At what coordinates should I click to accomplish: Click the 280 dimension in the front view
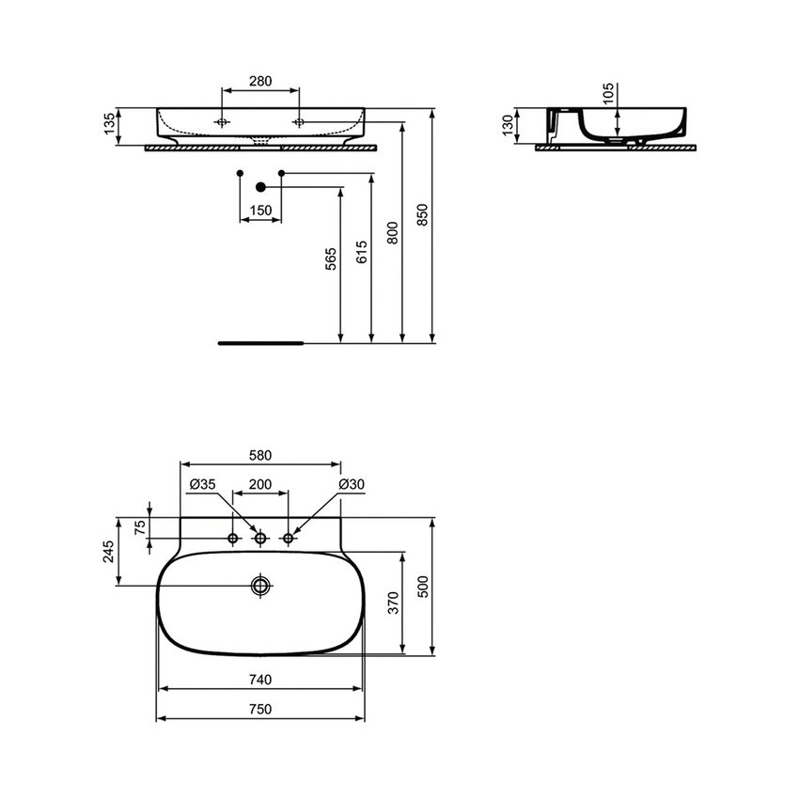click(259, 81)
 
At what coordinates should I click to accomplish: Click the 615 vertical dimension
click(363, 252)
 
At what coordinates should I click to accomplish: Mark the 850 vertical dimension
click(423, 216)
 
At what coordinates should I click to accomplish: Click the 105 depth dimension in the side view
click(607, 92)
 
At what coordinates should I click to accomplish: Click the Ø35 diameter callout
click(202, 484)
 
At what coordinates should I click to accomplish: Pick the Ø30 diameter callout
click(352, 484)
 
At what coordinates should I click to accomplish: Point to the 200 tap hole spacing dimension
click(260, 484)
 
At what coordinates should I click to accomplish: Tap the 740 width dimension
click(260, 680)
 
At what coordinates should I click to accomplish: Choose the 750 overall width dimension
click(260, 710)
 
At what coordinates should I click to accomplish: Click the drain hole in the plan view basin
click(260, 586)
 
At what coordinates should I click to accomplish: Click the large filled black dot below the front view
click(261, 188)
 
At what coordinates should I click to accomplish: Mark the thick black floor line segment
click(260, 344)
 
